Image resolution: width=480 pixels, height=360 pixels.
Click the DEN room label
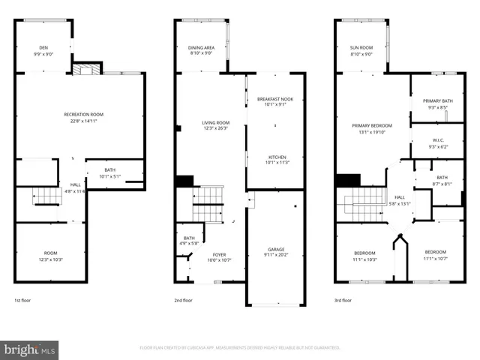45,48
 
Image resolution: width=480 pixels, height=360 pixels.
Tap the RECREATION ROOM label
83,114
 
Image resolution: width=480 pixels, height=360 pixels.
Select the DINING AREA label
200,48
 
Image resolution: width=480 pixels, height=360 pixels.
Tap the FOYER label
218,255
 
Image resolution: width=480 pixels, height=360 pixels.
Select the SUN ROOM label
361,48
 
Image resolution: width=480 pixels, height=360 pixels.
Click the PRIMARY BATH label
437,100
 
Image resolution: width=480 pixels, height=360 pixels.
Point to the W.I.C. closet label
439,140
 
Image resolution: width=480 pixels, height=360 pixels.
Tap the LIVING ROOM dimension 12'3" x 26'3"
215,128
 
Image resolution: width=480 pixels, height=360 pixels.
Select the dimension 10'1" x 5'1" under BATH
110,177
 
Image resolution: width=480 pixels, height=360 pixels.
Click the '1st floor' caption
22,300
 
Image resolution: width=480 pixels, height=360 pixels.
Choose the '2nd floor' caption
183,300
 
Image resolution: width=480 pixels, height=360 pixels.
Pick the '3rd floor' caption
343,300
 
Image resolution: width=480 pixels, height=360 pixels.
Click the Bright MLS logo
30,349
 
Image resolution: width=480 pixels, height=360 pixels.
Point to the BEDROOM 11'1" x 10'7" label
436,255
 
